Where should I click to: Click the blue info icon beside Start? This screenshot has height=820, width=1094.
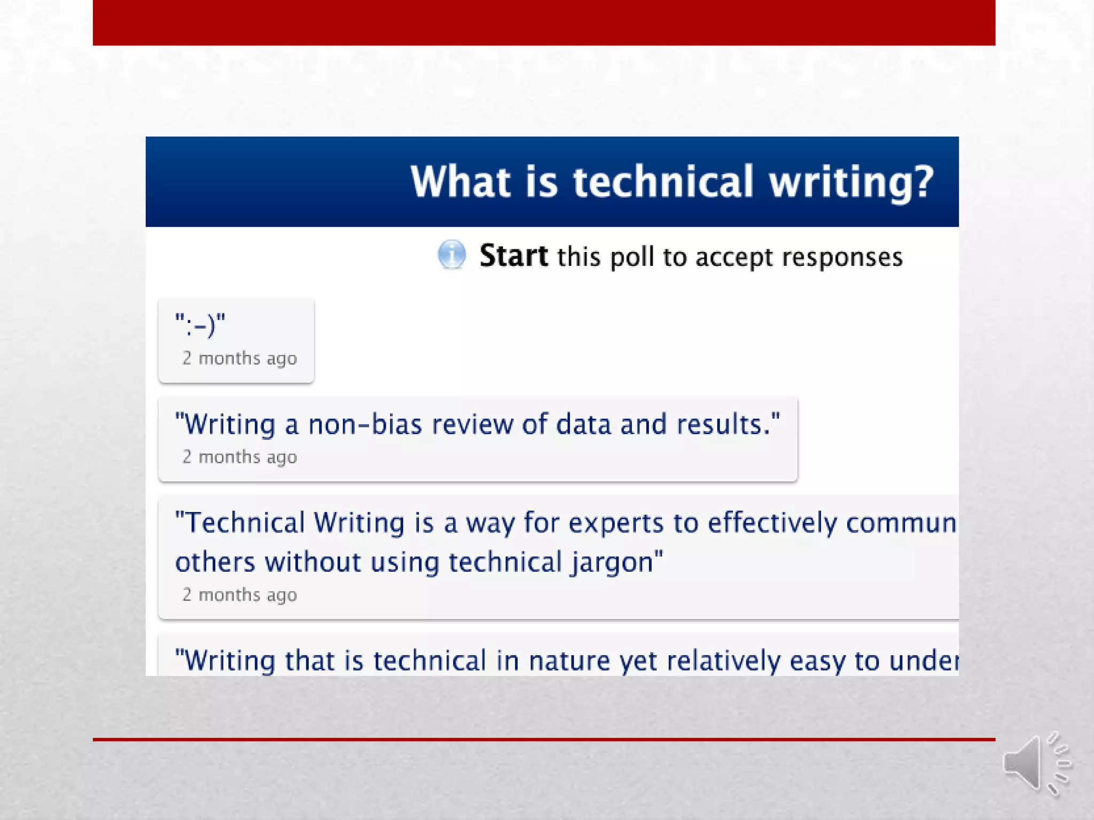point(451,255)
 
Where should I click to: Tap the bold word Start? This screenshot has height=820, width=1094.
point(513,256)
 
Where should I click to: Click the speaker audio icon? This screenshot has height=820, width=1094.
point(1036,764)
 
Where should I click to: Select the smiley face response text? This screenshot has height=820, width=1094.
point(200,325)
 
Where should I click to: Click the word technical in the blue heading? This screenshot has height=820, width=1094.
point(663,182)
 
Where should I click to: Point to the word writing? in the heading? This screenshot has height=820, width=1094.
point(851,183)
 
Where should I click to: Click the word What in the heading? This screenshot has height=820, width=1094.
point(460,182)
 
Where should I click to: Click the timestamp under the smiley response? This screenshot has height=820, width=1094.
point(239,358)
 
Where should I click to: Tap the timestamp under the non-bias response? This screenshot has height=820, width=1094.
point(239,457)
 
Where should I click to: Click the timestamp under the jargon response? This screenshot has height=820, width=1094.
point(239,595)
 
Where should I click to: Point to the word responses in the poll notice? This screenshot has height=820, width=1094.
point(842,257)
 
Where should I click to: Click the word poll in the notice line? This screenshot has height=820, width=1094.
point(632,257)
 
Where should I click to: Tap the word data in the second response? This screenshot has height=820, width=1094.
point(583,424)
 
